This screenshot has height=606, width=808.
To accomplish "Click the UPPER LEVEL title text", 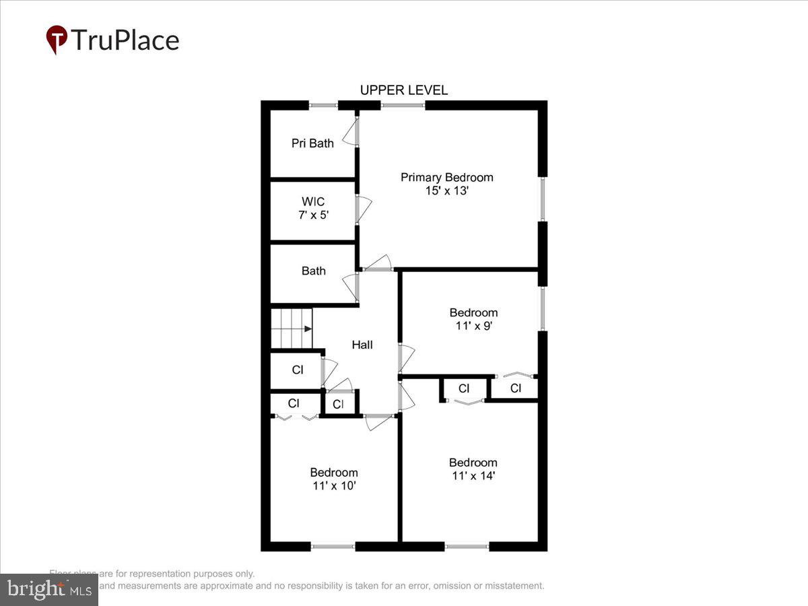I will click(403, 90).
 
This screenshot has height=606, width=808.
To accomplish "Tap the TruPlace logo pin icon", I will click(57, 40).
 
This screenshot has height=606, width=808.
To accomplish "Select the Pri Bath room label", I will click(312, 143).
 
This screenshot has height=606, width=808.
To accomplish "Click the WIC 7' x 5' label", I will click(312, 208).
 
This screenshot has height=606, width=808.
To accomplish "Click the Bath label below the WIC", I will click(313, 271).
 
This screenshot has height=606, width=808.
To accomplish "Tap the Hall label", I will click(362, 345).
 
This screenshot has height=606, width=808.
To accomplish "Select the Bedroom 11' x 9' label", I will click(473, 319).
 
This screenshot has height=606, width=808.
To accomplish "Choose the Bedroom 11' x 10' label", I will click(333, 479).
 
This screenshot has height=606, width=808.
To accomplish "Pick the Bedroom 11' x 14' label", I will click(473, 469).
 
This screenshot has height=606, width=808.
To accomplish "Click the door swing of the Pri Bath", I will click(351, 134).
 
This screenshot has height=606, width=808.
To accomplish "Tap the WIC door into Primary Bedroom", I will click(362, 209).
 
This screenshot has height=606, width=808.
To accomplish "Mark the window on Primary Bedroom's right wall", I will click(543, 199).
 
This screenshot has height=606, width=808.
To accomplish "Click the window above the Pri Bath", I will click(323, 105).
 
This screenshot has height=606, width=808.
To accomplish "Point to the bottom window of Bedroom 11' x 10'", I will click(333, 546).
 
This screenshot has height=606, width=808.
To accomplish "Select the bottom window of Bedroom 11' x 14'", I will click(467, 546).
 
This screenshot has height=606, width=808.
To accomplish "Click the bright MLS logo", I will click(48, 590).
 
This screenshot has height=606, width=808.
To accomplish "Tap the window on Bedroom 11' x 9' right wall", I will click(543, 308).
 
